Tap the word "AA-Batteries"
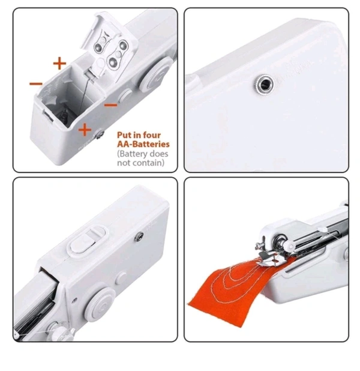click(143, 144)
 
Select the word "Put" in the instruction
click(124, 135)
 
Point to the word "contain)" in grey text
click(151, 163)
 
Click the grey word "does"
click(158, 154)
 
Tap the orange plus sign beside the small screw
click(85, 130)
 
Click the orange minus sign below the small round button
click(110, 105)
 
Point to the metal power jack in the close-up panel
click(265, 84)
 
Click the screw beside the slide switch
click(139, 237)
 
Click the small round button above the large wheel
click(121, 279)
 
